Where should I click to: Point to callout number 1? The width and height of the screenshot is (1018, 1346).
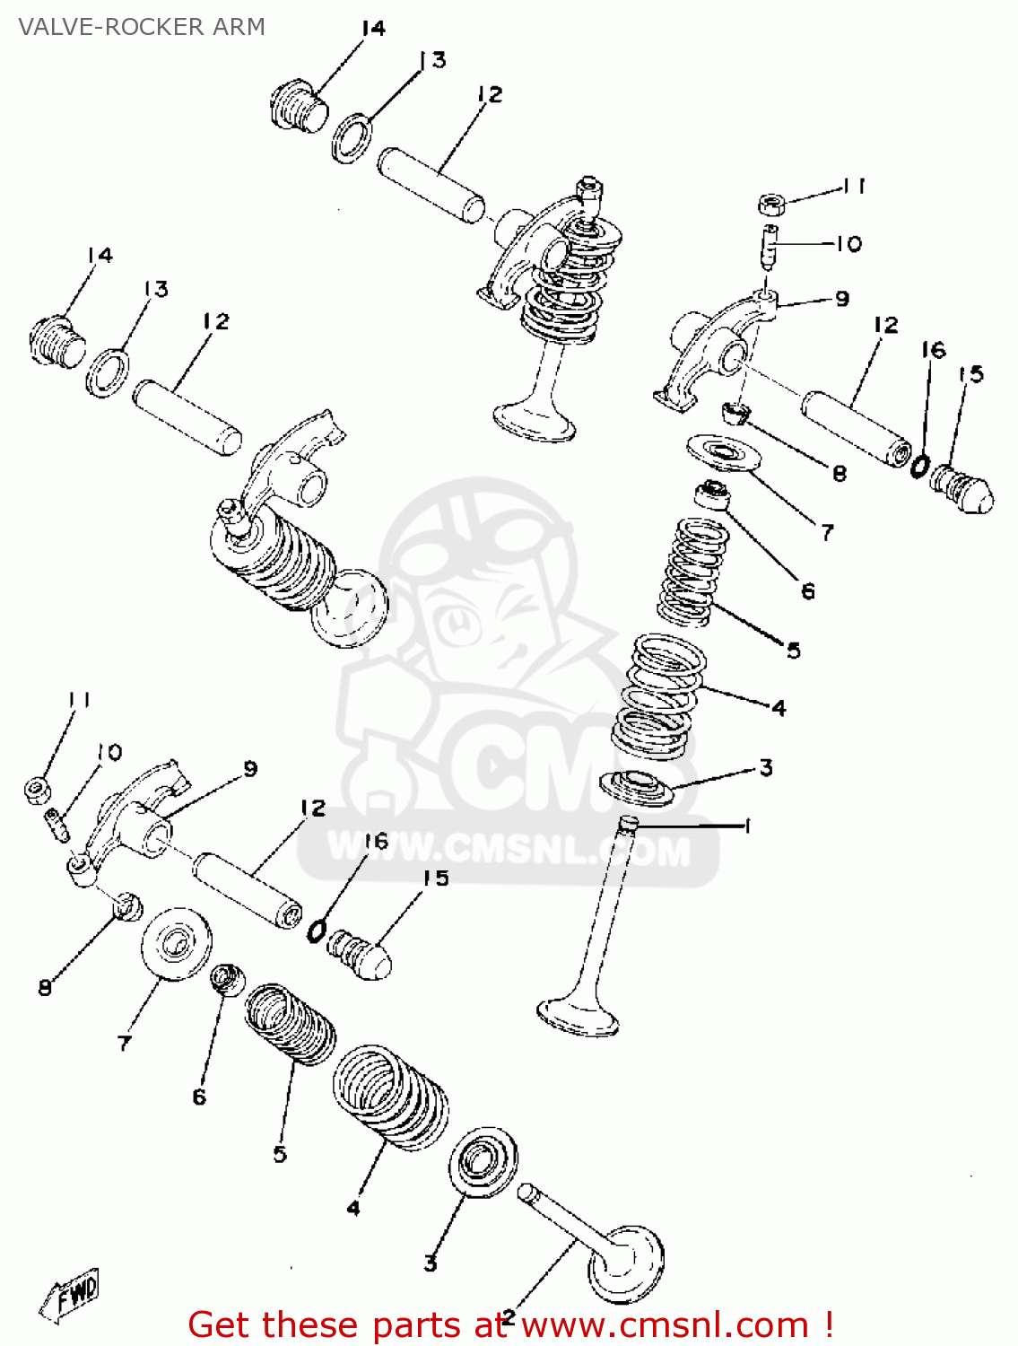point(746,826)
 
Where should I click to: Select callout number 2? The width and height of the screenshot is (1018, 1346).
point(508,1316)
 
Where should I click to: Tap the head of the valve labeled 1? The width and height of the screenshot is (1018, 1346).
point(578,1016)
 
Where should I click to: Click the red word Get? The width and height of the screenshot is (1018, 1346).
point(221,1324)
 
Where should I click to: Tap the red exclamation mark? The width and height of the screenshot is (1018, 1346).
point(829,1324)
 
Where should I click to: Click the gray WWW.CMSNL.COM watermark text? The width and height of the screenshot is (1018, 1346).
point(509,852)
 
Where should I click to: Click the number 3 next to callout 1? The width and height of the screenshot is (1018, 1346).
point(765,768)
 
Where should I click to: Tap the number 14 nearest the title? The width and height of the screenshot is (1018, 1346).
point(372,28)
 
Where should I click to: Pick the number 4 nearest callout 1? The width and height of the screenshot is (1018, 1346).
point(779,708)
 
